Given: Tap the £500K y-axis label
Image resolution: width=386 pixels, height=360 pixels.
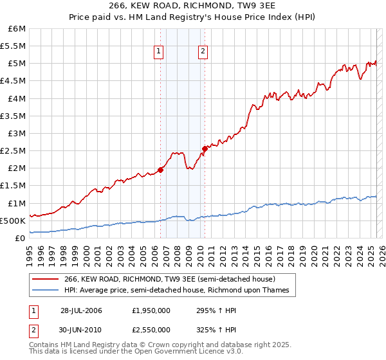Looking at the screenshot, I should (13, 221).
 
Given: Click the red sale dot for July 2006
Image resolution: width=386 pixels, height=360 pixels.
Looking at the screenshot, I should (161, 170).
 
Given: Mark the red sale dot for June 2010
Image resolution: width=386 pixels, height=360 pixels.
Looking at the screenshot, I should (205, 149).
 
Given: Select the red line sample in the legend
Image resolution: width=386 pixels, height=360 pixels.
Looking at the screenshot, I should (46, 280).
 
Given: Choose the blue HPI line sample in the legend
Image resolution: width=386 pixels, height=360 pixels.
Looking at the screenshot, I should (46, 291).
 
